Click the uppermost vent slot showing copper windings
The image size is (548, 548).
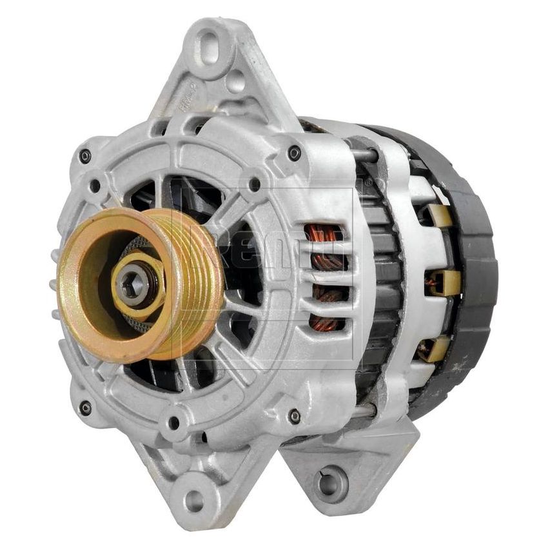[x=324, y=234]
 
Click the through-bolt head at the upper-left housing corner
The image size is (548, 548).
[x=85, y=155]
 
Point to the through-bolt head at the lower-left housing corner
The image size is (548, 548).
[x=85, y=407]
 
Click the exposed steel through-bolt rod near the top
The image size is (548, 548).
[x=366, y=155]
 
